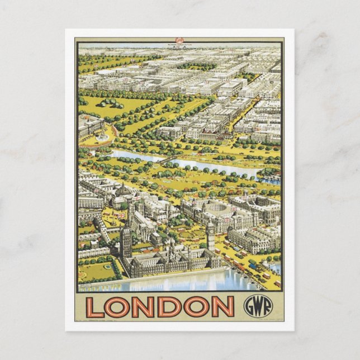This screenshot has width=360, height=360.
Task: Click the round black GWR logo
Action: pos(255,305)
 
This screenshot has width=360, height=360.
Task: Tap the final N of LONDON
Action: pos(224,306)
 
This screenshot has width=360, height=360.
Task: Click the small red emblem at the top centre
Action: pos(180,40)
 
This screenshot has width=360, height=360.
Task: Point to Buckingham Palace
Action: pos(91,126)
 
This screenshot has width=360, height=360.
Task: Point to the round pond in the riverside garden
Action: pos(107,266)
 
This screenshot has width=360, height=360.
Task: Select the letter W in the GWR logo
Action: pos(255,306)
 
